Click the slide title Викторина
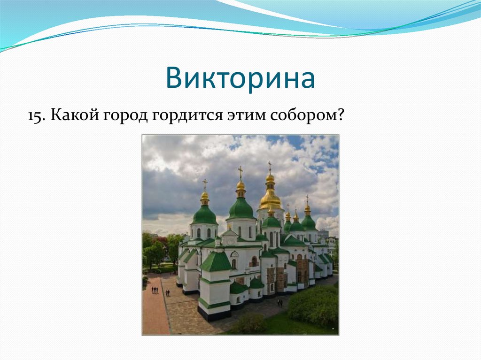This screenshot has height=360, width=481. [240, 78]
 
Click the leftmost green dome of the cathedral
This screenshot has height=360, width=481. [205, 214]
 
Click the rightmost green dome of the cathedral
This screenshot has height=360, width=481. [309, 222]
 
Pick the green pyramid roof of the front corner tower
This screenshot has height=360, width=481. [216, 261]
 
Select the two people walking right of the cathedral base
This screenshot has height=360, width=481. [280, 303]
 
